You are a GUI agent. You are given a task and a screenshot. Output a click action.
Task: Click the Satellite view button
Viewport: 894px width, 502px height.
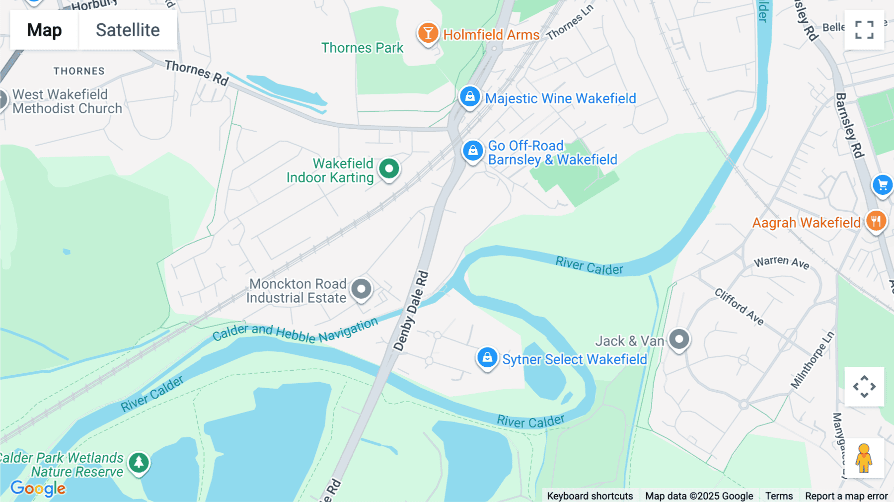click(128, 30)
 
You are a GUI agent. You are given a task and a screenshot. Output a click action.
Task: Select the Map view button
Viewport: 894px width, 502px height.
click(44, 30)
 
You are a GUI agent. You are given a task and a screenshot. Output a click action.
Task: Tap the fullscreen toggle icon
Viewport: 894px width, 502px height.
click(864, 30)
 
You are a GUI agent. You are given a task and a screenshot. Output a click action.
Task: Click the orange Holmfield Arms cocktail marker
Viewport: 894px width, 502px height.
click(428, 33)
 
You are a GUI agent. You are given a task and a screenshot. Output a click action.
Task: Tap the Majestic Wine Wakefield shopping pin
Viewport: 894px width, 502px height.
click(469, 96)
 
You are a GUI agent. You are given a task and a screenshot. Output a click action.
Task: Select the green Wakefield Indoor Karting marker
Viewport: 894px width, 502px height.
click(389, 169)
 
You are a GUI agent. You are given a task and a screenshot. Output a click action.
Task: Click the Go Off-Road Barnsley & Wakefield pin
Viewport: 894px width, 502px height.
click(473, 150)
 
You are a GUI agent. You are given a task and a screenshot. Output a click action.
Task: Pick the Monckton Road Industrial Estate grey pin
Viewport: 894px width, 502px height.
click(361, 289)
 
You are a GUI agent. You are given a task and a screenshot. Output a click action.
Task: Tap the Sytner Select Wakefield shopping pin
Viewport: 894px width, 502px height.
click(487, 357)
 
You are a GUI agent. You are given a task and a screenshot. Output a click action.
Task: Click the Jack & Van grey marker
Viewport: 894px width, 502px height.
click(679, 339)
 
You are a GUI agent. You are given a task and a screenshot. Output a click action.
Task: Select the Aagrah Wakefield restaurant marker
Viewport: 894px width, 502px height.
click(876, 221)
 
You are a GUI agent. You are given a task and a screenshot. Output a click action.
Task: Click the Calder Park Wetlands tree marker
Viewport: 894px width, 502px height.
click(139, 463)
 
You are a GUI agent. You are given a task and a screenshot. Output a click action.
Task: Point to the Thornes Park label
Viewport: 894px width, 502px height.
click(362, 48)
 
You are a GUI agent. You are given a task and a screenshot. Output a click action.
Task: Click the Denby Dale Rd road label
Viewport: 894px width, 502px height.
click(411, 311)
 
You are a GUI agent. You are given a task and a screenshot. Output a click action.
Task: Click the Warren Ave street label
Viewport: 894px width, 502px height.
click(781, 262)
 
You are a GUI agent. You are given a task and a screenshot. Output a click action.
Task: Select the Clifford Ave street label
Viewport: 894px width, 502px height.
click(739, 306)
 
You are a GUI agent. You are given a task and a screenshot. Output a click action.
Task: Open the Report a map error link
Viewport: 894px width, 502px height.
click(846, 496)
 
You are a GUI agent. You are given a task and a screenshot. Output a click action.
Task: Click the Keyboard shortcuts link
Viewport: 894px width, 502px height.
click(590, 496)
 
